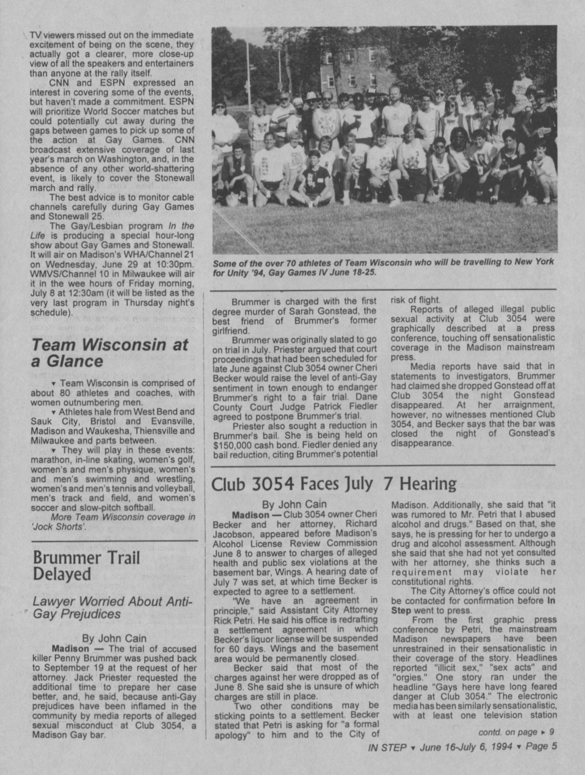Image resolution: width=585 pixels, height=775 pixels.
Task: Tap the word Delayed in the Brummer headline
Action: click(61, 574)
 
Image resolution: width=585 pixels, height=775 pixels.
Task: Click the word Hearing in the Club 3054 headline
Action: click(428, 483)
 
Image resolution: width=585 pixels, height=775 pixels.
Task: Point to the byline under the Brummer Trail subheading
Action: click(114, 639)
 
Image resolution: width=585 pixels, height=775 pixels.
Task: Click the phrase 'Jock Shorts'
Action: click(64, 527)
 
